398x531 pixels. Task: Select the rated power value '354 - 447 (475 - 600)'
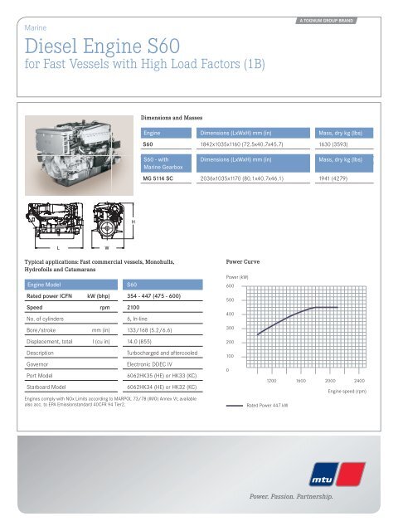tap(154, 295)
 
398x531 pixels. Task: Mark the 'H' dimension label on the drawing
tap(134, 222)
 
